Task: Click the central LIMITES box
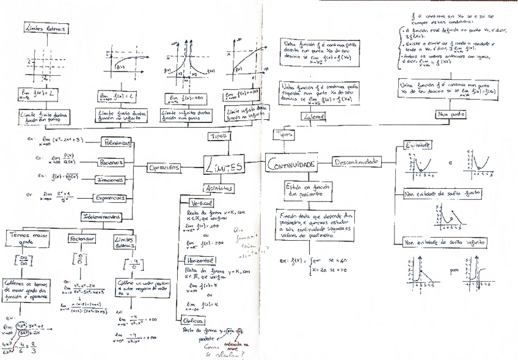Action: click(x=224, y=166)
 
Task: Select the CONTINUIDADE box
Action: click(x=291, y=165)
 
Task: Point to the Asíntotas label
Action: click(x=217, y=189)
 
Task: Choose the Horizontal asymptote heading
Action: click(x=194, y=260)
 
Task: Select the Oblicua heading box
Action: click(x=192, y=320)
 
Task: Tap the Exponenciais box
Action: click(x=109, y=198)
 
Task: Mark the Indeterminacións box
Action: click(x=101, y=216)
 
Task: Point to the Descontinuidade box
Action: click(x=356, y=162)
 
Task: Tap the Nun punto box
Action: click(x=450, y=114)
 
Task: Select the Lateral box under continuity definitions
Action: click(x=312, y=116)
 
